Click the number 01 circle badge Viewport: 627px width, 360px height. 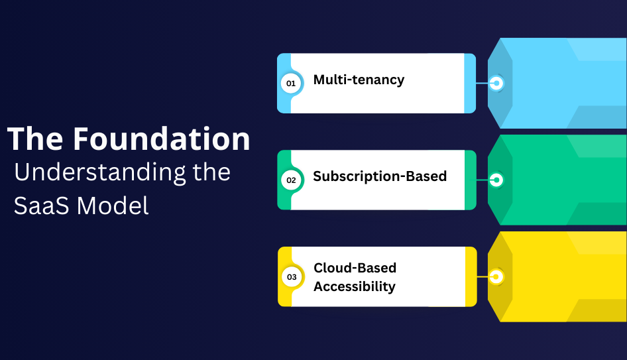[x=290, y=84]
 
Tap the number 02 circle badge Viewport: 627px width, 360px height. [x=290, y=180]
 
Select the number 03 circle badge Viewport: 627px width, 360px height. [x=290, y=276]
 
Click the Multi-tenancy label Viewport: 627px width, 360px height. [x=359, y=80]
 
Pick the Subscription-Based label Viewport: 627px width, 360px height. [x=380, y=176]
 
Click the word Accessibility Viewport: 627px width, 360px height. [x=355, y=286]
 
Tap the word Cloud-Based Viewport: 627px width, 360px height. [x=355, y=268]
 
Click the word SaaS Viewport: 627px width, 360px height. [x=42, y=205]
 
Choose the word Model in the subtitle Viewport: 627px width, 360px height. [x=113, y=205]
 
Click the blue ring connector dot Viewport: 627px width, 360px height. [x=496, y=84]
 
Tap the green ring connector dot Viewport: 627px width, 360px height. [x=496, y=180]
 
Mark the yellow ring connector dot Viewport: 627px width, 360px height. [x=496, y=276]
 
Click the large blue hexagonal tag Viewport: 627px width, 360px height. [x=563, y=83]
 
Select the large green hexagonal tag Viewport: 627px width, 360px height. [x=563, y=180]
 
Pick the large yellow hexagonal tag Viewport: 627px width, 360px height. [x=563, y=276]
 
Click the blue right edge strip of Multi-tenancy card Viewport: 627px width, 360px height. [x=470, y=83]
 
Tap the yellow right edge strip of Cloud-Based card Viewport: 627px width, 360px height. [x=471, y=276]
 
